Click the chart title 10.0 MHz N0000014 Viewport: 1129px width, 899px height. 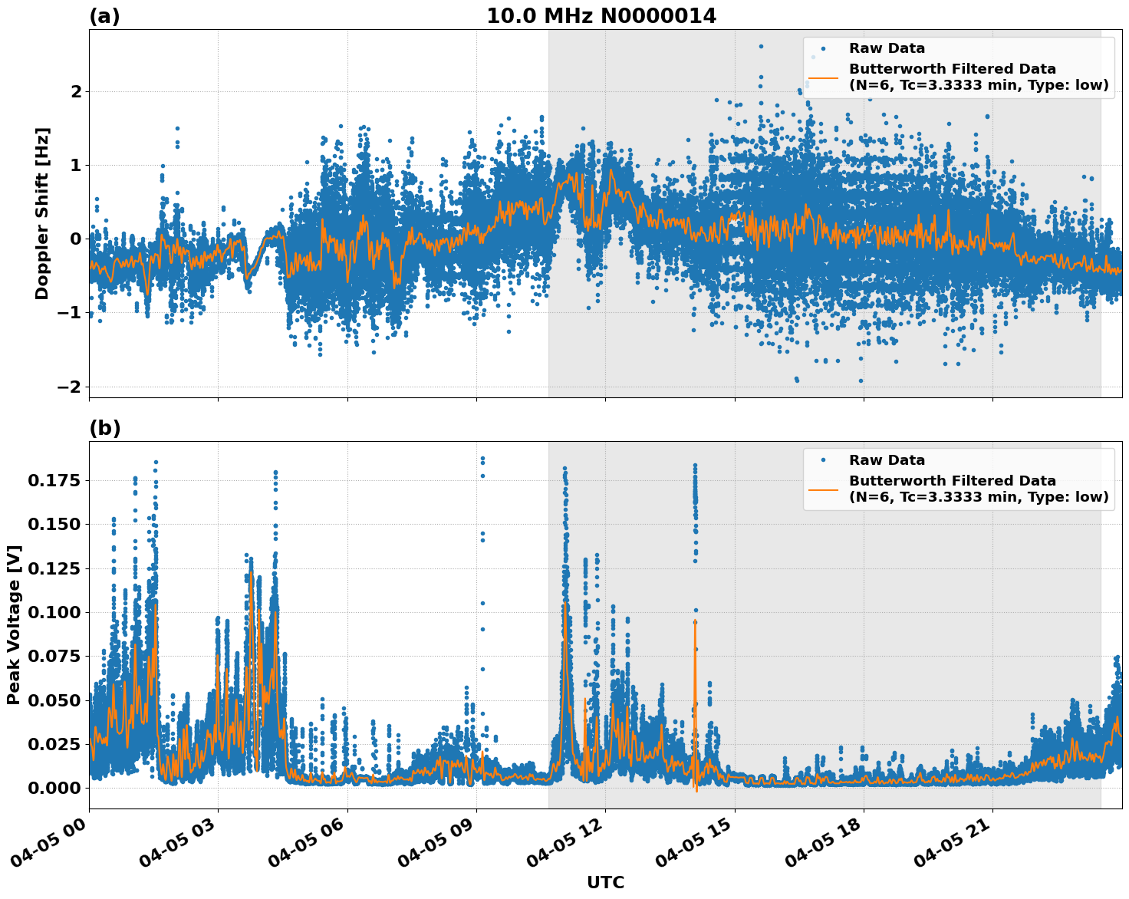601,16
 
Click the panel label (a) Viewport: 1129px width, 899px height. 104,16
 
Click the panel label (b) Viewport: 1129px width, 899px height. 104,428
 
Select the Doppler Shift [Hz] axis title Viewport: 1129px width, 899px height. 42,213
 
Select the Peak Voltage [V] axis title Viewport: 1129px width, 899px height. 14,625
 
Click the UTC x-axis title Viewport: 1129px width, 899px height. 605,882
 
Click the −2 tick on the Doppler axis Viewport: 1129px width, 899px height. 69,387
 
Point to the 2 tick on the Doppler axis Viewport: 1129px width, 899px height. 76,91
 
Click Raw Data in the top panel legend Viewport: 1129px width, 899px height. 887,48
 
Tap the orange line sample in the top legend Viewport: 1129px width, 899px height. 823,77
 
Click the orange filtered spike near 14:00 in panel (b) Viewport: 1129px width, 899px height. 695,652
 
